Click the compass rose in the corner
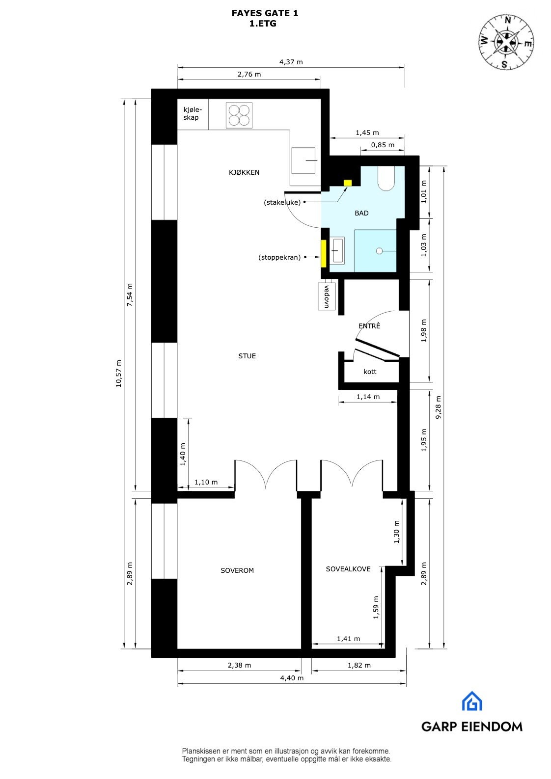click(x=506, y=41)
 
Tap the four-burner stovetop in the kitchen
click(x=239, y=115)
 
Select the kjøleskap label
click(x=192, y=113)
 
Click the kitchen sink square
click(x=304, y=161)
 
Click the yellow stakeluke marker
click(x=348, y=183)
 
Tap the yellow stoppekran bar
click(x=324, y=253)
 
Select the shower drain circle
click(x=379, y=251)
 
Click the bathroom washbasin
click(x=337, y=250)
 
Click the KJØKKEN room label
click(x=244, y=172)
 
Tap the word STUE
click(x=247, y=356)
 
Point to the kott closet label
click(x=370, y=372)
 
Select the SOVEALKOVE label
click(x=348, y=569)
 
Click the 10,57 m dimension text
click(x=118, y=374)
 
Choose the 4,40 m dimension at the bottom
click(x=292, y=678)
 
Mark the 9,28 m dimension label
click(x=439, y=406)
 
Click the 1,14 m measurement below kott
click(x=368, y=397)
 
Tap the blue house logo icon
click(x=472, y=701)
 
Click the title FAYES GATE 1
click(x=265, y=14)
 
